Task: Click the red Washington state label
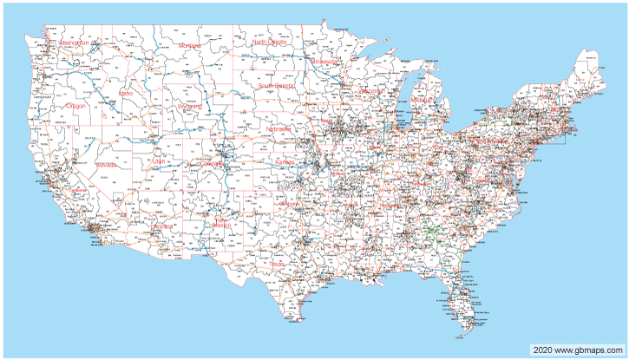coord(74,43)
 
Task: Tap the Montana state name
coord(189,46)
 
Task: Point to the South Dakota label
coord(276,86)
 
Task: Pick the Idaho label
coord(127,92)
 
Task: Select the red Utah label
coord(157,160)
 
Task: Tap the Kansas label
coord(285,163)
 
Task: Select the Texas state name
coord(276,265)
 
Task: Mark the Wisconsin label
coord(368,90)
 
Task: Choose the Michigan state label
coord(422,101)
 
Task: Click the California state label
coord(80,188)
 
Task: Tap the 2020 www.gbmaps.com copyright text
coord(578,349)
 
